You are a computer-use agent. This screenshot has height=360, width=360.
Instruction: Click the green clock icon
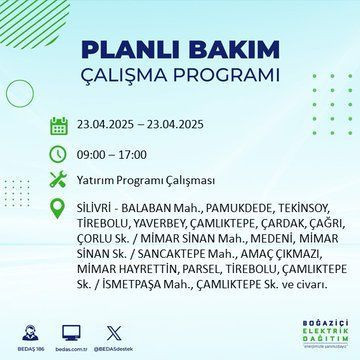(x=57, y=154)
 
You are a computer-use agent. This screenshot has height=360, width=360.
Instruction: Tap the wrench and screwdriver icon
(x=57, y=181)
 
